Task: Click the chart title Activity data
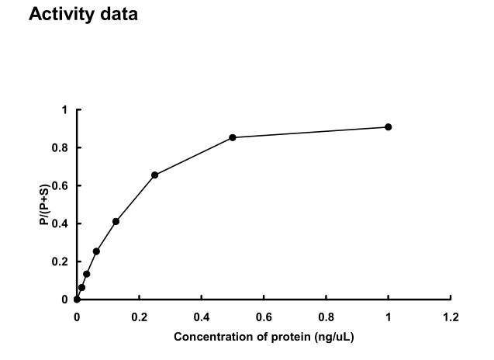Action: coord(83,15)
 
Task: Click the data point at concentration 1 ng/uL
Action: coord(388,126)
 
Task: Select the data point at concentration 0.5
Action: coord(233,137)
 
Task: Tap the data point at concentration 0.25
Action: coord(154,175)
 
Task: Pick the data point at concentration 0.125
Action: coord(116,221)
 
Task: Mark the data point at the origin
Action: coord(77,299)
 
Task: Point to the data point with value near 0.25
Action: coord(96,251)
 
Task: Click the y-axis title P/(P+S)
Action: coord(45,205)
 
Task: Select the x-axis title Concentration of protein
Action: coord(264,337)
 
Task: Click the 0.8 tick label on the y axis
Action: coord(62,147)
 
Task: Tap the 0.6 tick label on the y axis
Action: coord(62,185)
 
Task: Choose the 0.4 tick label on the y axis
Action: coord(62,223)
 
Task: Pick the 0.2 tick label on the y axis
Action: coord(62,261)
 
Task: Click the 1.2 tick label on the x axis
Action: coord(451,317)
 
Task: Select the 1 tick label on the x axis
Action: coord(388,317)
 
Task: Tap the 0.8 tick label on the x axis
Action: coord(326,317)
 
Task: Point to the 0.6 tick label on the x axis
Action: coord(264,317)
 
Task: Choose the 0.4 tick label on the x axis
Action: coord(201,317)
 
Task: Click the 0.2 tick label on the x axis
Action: coord(139,317)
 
